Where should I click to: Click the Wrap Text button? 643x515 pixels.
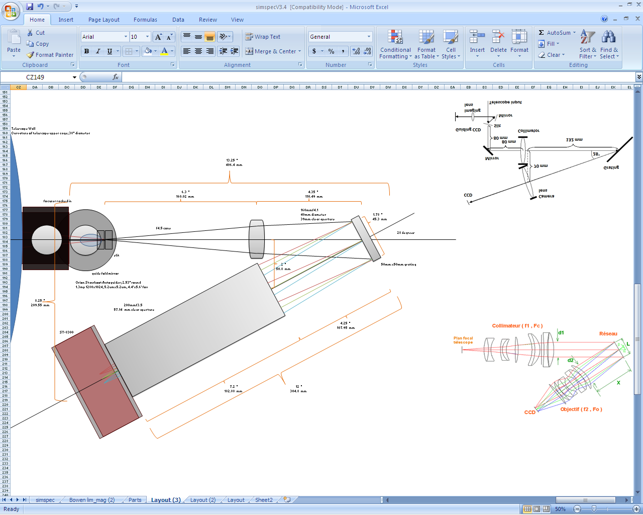[263, 37]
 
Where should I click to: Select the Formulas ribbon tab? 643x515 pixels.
[145, 20]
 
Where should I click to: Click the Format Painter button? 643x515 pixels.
[50, 55]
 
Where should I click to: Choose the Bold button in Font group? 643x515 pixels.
[86, 51]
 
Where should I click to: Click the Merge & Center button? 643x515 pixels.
[273, 51]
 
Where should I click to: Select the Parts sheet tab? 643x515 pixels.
[135, 500]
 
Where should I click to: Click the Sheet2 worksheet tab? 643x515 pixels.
[264, 500]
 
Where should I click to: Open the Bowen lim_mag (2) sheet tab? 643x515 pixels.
[92, 500]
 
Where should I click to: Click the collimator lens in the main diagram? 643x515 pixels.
[257, 239]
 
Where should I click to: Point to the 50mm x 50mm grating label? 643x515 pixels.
[398, 265]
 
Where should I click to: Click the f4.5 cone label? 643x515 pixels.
[163, 228]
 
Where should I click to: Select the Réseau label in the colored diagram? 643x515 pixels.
[608, 334]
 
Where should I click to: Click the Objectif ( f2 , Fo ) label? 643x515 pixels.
[581, 409]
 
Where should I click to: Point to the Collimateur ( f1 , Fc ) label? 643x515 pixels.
[517, 326]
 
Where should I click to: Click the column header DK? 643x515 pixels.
[195, 88]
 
